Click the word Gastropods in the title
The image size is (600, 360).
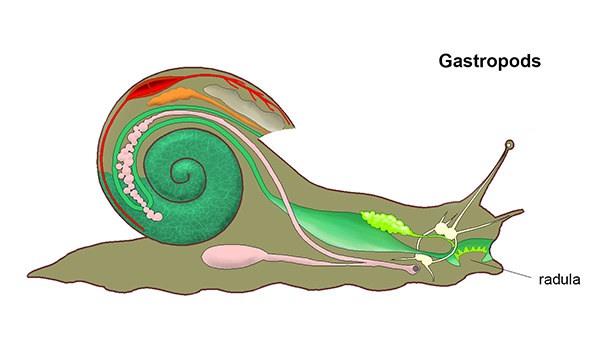point(490,60)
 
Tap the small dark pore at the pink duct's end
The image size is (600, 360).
point(413,268)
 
